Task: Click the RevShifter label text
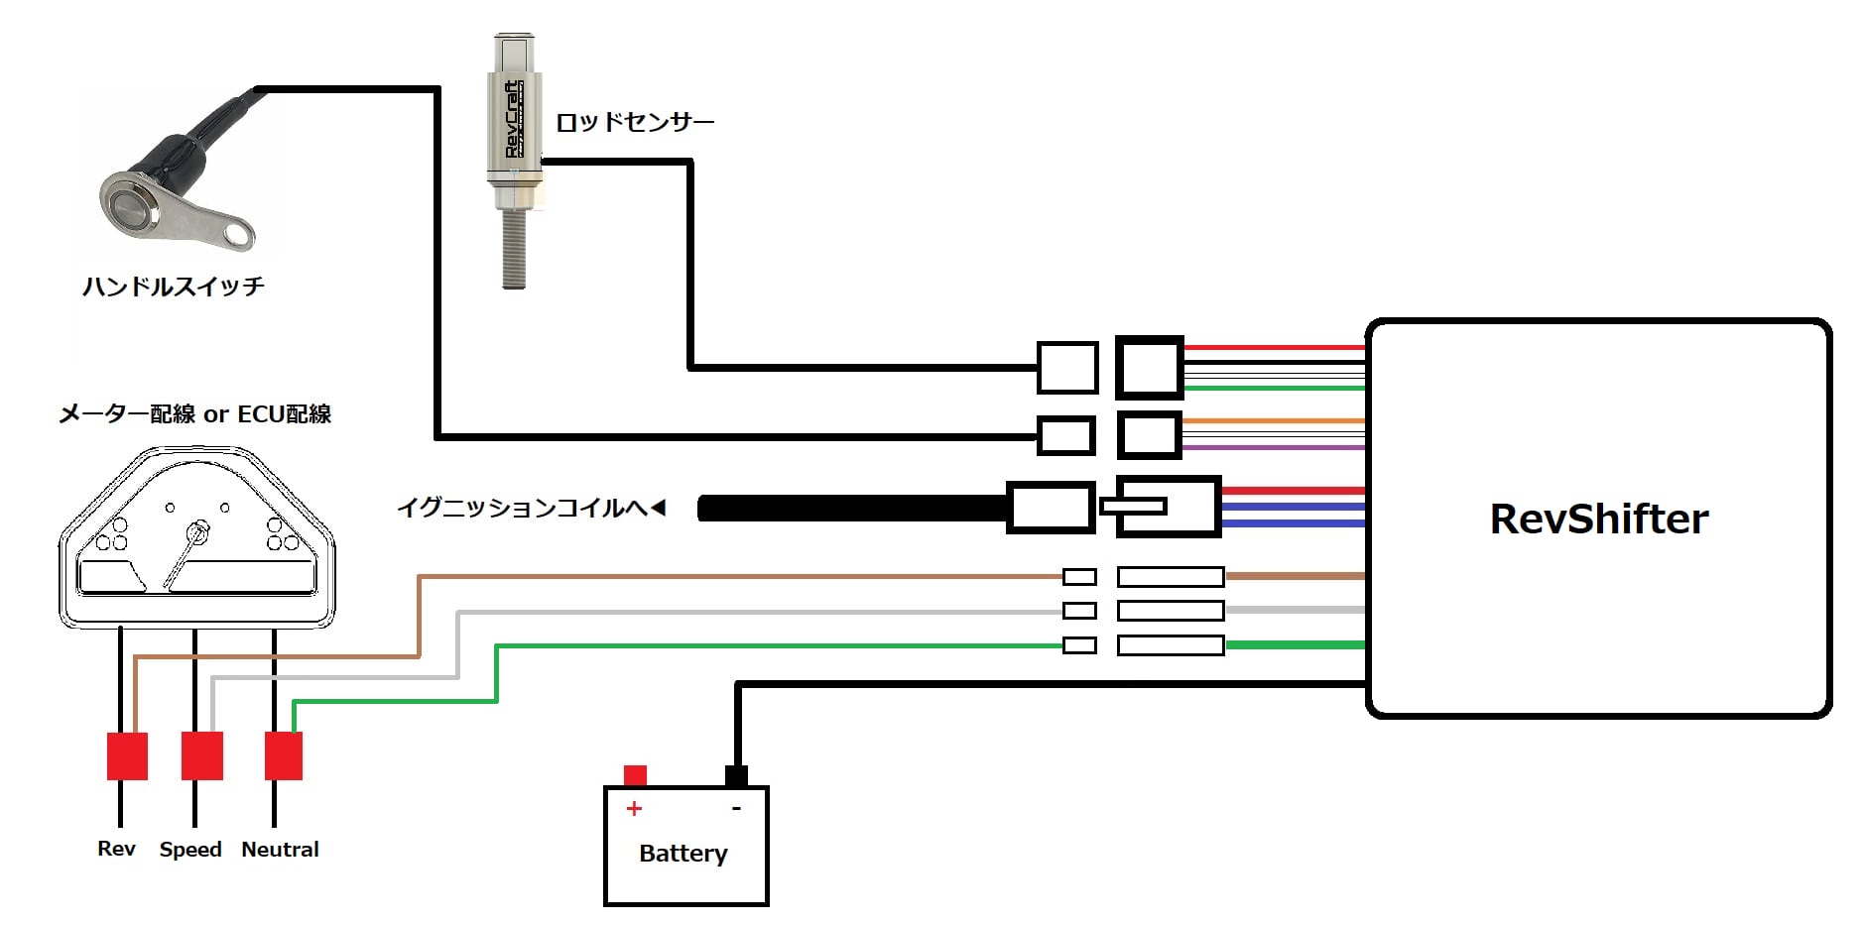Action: coord(1598,519)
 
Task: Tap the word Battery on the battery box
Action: coord(683,853)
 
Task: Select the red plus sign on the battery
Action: coord(634,809)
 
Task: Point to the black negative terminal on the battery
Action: coord(736,775)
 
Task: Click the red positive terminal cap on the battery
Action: coord(635,774)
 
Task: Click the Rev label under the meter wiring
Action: coord(116,849)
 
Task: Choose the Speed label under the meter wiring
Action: coord(190,850)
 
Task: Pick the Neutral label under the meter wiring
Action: coord(280,850)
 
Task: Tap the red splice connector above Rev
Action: coord(127,755)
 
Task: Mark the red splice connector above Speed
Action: coord(202,755)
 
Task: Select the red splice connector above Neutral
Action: coord(284,755)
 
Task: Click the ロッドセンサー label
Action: coord(635,122)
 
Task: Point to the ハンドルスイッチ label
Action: coord(174,287)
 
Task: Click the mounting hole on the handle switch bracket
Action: coord(237,234)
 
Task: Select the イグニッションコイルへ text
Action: coord(523,508)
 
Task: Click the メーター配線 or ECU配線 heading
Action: coord(194,413)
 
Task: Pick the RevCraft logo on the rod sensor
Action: coord(512,119)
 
